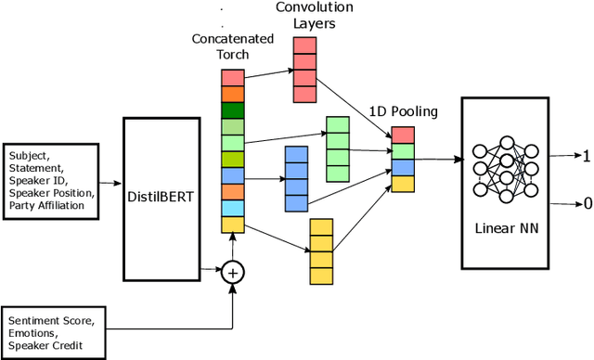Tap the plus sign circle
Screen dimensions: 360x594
[x=232, y=272]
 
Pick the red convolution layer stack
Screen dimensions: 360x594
[x=305, y=71]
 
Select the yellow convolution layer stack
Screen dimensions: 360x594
[x=321, y=251]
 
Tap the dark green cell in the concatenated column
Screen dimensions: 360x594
[x=233, y=109]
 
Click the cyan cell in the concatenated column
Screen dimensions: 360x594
[x=233, y=208]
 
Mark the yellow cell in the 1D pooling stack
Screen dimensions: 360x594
[x=403, y=184]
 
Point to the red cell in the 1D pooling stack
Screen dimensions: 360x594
[x=403, y=135]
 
